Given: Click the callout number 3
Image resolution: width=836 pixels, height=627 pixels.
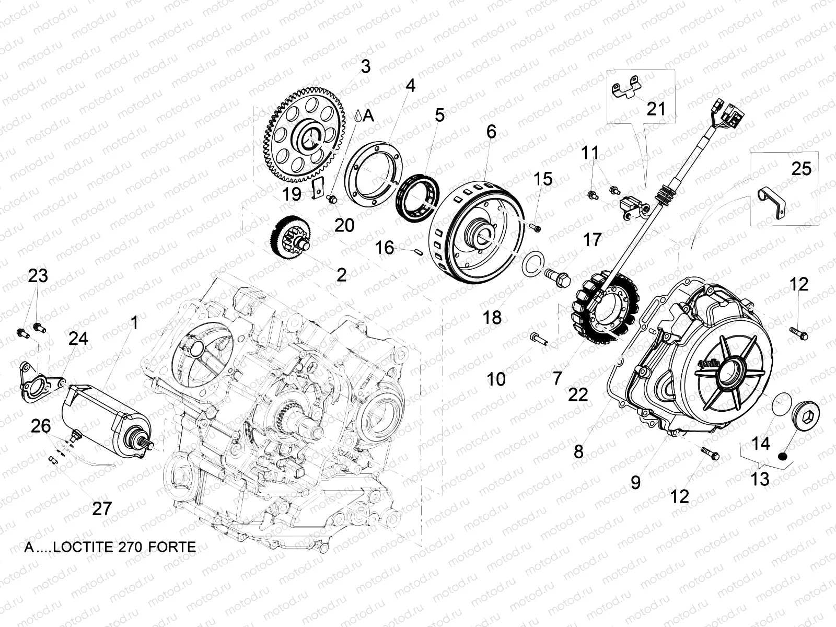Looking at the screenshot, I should click(x=365, y=67).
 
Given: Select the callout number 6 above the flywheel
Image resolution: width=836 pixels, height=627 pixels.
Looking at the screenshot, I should click(x=491, y=132).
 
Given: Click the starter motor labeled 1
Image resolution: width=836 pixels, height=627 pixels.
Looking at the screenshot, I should click(x=104, y=413).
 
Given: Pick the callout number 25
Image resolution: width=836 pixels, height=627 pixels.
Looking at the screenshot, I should click(x=801, y=169).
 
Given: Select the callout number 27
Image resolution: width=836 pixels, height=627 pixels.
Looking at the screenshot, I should click(x=101, y=507).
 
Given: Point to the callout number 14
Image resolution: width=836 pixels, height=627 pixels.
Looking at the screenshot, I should click(x=760, y=444).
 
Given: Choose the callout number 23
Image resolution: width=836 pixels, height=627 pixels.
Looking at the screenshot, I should click(x=38, y=276).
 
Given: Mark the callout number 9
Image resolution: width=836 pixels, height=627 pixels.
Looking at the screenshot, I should click(x=635, y=482).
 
